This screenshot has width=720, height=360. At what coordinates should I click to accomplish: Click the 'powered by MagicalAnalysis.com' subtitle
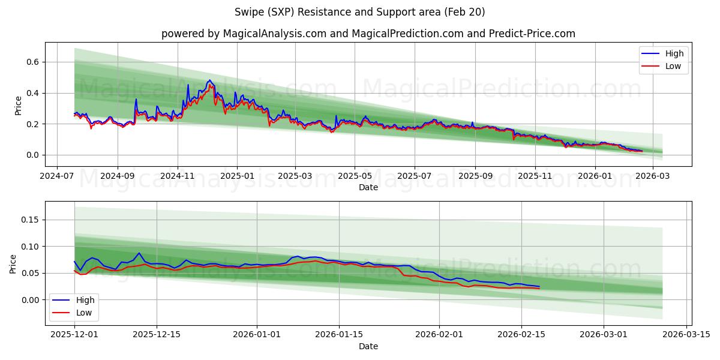pyautogui.click(x=368, y=34)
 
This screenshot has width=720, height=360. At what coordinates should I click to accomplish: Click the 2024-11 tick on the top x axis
pyautogui.click(x=178, y=176)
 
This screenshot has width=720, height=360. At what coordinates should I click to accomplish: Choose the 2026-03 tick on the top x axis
pyautogui.click(x=652, y=176)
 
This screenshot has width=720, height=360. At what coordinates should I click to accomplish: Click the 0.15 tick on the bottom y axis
pyautogui.click(x=29, y=220)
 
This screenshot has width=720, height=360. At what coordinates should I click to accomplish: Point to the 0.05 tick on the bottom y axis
pyautogui.click(x=29, y=273)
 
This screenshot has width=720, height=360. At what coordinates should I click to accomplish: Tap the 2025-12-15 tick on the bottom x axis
pyautogui.click(x=157, y=335)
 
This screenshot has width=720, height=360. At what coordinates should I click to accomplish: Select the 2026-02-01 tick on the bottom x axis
pyautogui.click(x=439, y=335)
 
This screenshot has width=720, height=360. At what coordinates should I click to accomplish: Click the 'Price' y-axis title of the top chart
pyautogui.click(x=18, y=106)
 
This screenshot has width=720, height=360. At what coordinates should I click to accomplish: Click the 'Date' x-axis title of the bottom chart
pyautogui.click(x=368, y=346)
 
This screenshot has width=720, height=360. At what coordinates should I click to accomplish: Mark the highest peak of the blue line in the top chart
pyautogui.click(x=209, y=80)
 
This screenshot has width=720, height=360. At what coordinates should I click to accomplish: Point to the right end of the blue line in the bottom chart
pyautogui.click(x=539, y=287)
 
